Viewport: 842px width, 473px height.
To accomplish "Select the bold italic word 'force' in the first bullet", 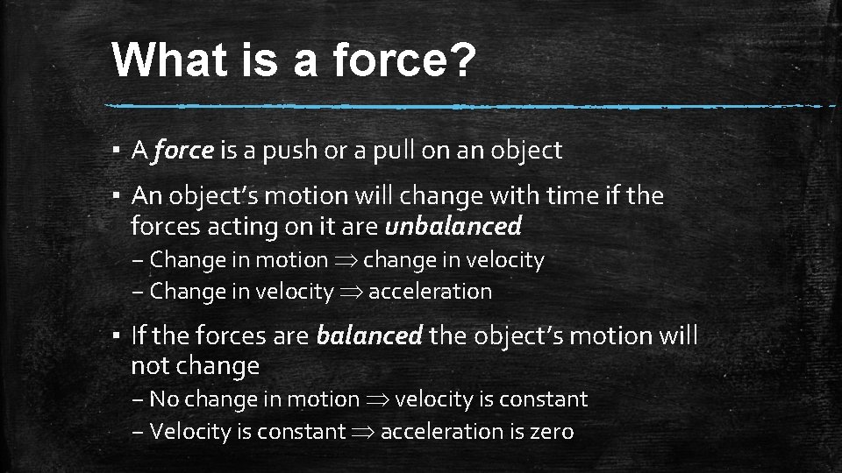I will pos(182,151).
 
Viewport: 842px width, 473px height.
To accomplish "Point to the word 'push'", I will pos(278,151).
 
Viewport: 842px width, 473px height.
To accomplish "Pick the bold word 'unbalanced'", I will pos(453,227).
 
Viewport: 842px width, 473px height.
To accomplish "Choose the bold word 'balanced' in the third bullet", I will pos(368,335).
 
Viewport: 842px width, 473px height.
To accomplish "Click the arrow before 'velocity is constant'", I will pos(377,400).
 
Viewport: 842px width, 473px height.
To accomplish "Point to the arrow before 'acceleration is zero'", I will pos(363,432).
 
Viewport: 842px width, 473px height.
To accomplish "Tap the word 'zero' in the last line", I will pos(551,432).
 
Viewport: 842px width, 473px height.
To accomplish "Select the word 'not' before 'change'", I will pos(150,366).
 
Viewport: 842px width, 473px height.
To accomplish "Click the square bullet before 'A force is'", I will pos(117,152).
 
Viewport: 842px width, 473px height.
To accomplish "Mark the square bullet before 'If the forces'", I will pos(117,336).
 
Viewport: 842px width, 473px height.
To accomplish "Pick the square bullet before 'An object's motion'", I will pos(117,197).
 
